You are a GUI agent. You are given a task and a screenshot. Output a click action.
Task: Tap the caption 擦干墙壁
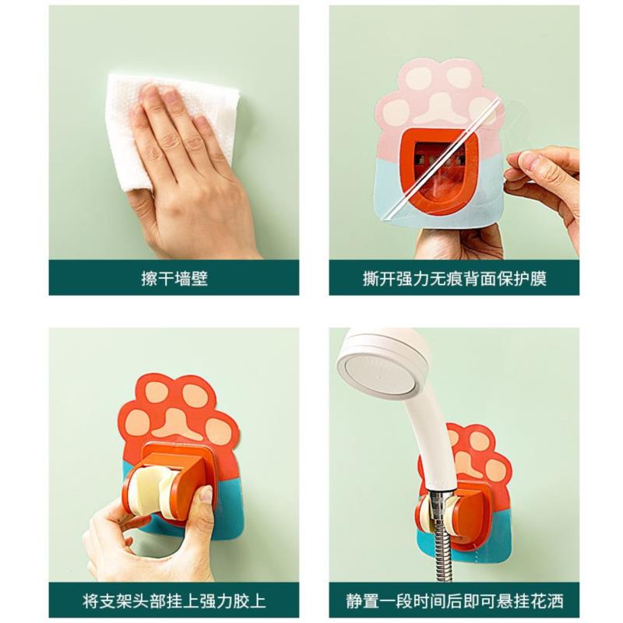[x=174, y=279]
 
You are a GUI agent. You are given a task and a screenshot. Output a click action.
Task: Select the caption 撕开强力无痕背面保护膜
[x=454, y=279]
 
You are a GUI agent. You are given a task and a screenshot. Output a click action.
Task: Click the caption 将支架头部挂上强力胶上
[x=174, y=600]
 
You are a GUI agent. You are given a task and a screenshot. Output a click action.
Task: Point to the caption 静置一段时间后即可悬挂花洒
[x=454, y=600]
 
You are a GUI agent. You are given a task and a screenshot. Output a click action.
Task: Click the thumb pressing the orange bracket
[x=205, y=505]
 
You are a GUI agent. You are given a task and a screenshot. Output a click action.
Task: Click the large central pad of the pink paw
[x=440, y=107]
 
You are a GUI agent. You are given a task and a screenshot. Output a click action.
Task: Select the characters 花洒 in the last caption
[x=547, y=600]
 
